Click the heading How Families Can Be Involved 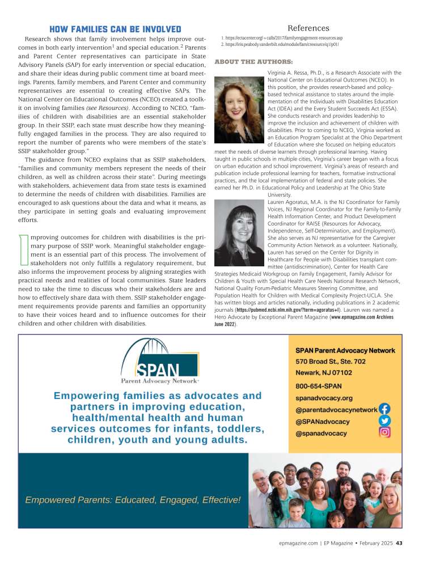tap(115, 29)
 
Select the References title tap(308, 28)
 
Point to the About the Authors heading tap(253, 61)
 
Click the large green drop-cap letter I tap(24, 249)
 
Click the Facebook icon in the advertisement tap(384, 409)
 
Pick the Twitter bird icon tap(384, 421)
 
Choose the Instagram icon tap(384, 432)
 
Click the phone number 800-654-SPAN tap(319, 386)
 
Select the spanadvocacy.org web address tap(324, 398)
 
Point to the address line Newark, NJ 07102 tap(324, 373)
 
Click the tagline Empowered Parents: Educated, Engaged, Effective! tap(133, 500)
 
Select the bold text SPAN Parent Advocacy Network tap(345, 350)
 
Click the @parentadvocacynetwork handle tap(336, 410)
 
